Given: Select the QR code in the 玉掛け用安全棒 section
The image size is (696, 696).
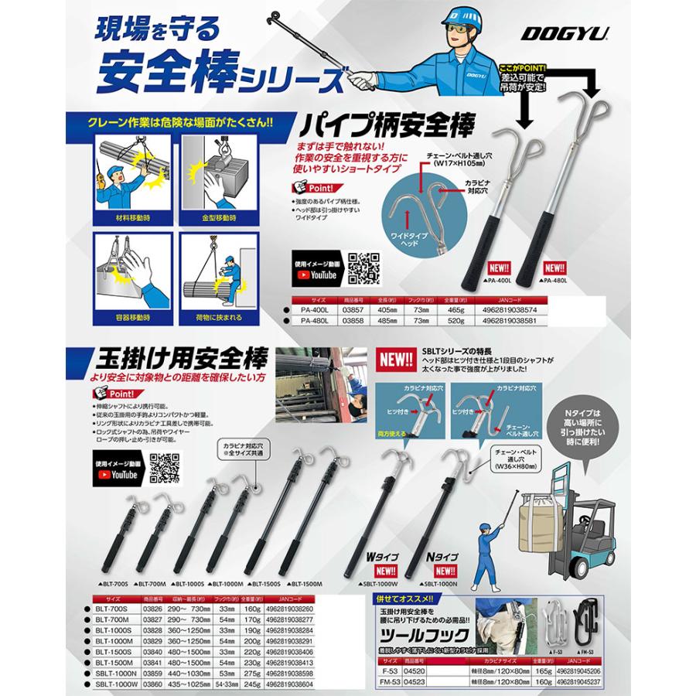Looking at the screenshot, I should coord(165,468).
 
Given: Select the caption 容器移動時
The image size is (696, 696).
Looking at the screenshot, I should coord(126,316).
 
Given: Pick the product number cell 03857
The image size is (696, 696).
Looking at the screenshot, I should coord(352,307).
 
